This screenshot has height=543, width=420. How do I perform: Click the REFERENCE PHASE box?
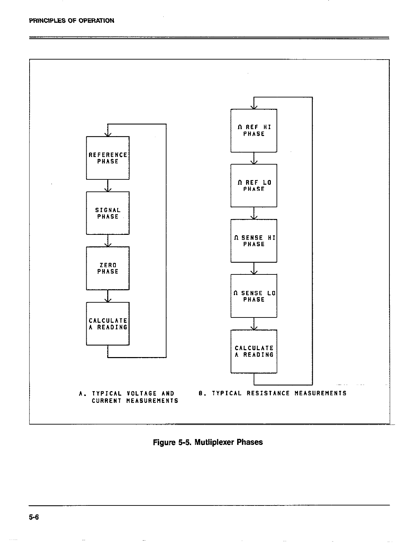click(x=108, y=158)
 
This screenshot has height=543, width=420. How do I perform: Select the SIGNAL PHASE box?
click(x=108, y=213)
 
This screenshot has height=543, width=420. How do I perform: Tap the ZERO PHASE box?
click(x=108, y=268)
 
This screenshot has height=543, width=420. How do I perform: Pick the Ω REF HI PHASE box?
click(x=254, y=130)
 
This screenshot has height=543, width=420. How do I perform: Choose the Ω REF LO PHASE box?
click(x=254, y=186)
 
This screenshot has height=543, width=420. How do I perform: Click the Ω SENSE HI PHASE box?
click(x=254, y=241)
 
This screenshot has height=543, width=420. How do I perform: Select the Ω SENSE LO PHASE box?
click(x=254, y=296)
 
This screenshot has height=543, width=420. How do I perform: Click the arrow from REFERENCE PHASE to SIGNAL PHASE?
click(x=108, y=186)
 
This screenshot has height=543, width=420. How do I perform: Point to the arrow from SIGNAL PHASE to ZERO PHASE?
click(x=108, y=241)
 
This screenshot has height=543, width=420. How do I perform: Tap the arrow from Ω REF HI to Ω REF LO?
click(x=254, y=158)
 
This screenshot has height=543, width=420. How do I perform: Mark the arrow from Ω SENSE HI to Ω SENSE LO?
click(x=254, y=268)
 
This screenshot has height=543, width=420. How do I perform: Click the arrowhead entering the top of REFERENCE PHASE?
click(x=108, y=134)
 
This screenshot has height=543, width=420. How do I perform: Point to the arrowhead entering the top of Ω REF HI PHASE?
click(x=254, y=107)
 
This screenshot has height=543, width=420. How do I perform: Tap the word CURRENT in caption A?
click(x=107, y=401)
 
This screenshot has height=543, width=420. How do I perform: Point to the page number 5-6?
click(x=34, y=517)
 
